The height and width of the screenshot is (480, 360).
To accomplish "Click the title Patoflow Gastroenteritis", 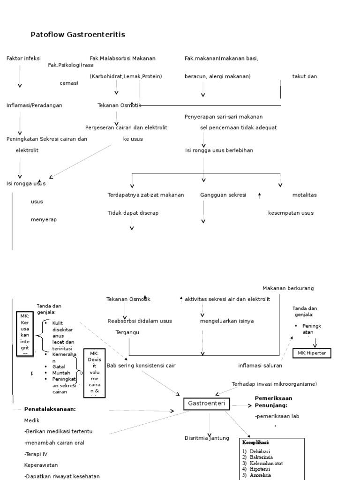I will [78, 35].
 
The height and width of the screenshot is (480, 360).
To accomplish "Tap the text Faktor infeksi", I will [23, 59].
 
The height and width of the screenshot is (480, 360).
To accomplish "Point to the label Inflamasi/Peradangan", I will [34, 105].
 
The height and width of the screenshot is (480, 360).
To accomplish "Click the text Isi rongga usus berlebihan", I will [219, 150].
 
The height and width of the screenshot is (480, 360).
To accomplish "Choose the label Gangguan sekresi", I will [223, 195].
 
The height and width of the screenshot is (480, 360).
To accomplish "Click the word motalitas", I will [304, 195].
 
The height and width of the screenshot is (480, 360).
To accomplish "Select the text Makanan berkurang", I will [288, 288].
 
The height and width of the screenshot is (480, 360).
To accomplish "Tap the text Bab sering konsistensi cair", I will [141, 366].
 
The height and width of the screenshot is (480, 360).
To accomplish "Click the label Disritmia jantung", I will [207, 438].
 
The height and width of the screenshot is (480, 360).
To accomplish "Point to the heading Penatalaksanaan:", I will [50, 409].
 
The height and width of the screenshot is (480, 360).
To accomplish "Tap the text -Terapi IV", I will [36, 454].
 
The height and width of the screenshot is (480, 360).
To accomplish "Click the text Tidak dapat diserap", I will [133, 213].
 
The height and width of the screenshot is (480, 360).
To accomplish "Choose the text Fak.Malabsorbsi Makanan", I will [122, 59].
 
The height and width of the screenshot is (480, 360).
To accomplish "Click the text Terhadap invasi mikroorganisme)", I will [274, 384].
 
